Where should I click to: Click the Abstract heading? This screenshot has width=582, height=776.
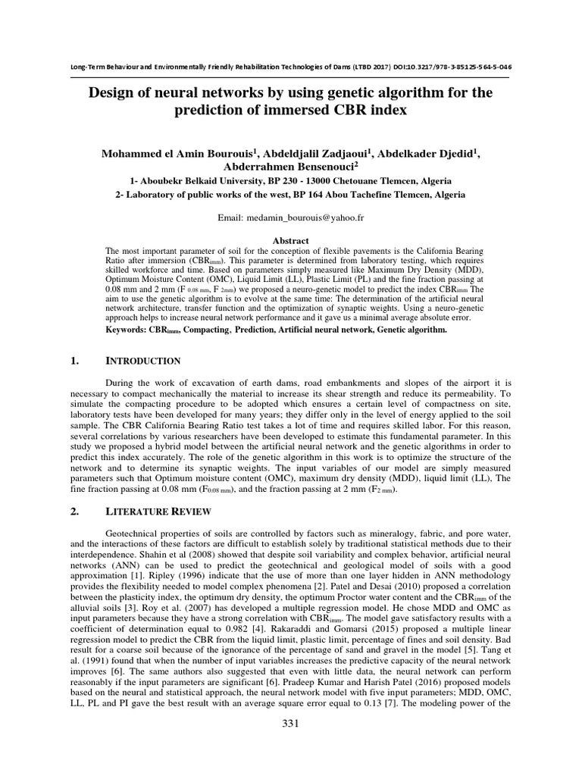pyautogui.click(x=290, y=239)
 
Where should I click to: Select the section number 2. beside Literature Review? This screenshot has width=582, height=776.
pyautogui.click(x=74, y=512)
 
